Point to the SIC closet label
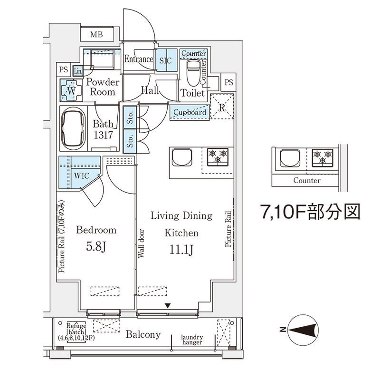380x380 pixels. coord(165,61)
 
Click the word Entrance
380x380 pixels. coord(139,59)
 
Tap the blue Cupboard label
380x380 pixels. coord(190,113)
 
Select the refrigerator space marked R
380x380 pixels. coord(222,107)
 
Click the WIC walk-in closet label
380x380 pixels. coord(81,175)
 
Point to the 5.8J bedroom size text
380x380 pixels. coord(96,247)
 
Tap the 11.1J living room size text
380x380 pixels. coord(181,250)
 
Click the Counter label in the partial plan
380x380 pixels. coord(306,181)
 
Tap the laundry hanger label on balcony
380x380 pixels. coord(192,340)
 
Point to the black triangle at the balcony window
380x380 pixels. coord(168,306)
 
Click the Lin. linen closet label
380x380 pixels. coord(78,71)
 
